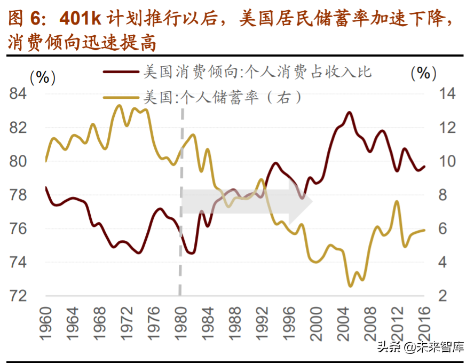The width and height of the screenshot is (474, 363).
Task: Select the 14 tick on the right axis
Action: click(447, 94)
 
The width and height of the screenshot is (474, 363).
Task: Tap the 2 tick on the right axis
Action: click(443, 296)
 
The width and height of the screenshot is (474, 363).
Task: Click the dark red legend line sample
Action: click(121, 72)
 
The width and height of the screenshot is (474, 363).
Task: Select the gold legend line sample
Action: click(121, 98)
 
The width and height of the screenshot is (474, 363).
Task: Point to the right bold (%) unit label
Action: click(424, 73)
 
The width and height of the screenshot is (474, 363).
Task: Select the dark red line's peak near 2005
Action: click(349, 113)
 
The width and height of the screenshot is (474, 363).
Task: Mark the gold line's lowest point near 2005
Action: click(350, 286)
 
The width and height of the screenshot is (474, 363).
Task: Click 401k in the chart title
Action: click(78, 19)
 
